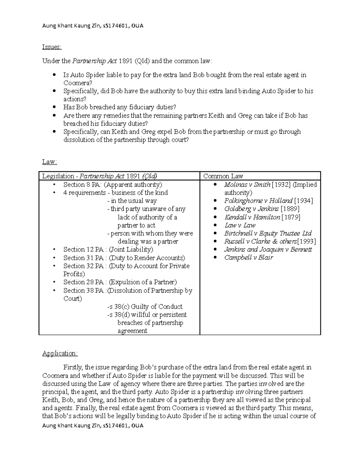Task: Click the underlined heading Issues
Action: (52, 47)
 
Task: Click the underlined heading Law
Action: (49, 162)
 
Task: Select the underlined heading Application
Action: (60, 353)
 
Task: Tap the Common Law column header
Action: (223, 176)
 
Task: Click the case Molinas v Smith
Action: (247, 185)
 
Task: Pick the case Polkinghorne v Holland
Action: (258, 201)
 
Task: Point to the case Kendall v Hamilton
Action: (252, 217)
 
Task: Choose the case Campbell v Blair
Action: (248, 257)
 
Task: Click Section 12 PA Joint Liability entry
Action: (108, 250)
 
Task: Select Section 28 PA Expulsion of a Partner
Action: (120, 282)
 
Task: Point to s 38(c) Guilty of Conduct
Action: (145, 307)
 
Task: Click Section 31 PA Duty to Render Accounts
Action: (124, 258)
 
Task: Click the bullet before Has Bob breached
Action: (54, 107)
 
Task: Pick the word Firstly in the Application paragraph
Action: (73, 367)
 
